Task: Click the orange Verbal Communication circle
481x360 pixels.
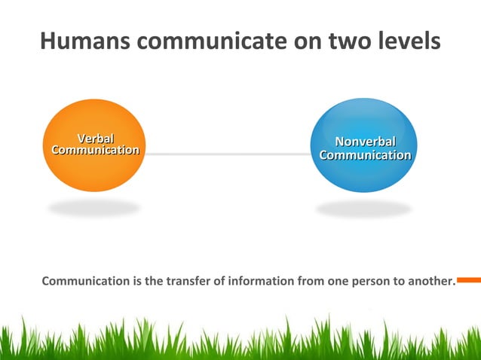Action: coord(94,169)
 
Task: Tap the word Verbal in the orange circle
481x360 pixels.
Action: coord(96,138)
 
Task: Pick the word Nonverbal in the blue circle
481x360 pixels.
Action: coord(365,142)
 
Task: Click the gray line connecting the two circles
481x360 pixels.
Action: coord(226,154)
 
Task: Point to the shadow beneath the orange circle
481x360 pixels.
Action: coord(93,207)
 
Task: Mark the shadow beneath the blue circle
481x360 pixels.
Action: coord(363,209)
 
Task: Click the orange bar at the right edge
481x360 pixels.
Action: coord(469,280)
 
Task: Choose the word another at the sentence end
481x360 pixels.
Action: coord(431,282)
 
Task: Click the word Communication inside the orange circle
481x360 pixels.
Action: coord(95,150)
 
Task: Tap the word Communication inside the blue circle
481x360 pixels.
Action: coord(365,155)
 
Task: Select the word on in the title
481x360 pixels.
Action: coord(305,41)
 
